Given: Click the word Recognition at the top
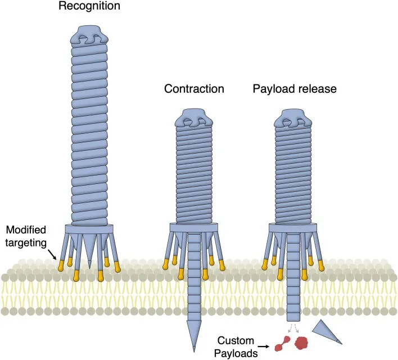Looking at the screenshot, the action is [89, 6].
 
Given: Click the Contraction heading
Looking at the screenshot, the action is [194, 89].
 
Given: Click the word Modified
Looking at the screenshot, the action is [26, 229].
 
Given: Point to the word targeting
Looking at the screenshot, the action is [26, 243].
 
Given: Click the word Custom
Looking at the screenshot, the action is [236, 340].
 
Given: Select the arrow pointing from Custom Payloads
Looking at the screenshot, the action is [264, 346].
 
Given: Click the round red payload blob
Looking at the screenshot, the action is [301, 342].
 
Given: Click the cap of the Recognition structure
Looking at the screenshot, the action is [89, 35].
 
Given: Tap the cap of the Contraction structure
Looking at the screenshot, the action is [194, 118].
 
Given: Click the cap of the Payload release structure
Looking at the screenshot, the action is [293, 118].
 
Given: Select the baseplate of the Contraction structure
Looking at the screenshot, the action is [194, 227].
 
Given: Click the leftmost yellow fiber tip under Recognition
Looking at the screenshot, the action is [61, 265].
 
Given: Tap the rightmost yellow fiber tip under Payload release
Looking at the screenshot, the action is [322, 265].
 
